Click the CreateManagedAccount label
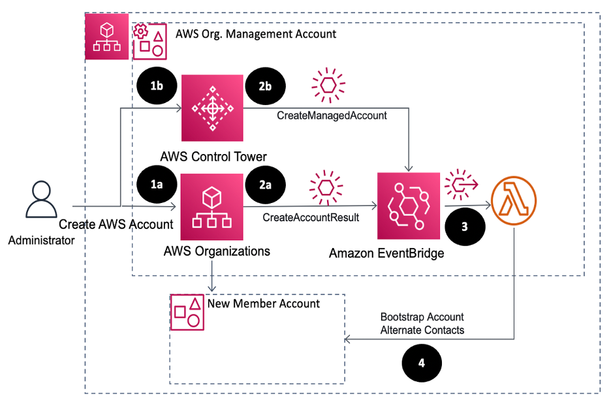[332, 116]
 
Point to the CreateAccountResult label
[311, 217]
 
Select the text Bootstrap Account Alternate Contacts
[422, 323]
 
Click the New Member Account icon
[186, 311]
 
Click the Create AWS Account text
[116, 224]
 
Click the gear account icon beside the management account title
[149, 40]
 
